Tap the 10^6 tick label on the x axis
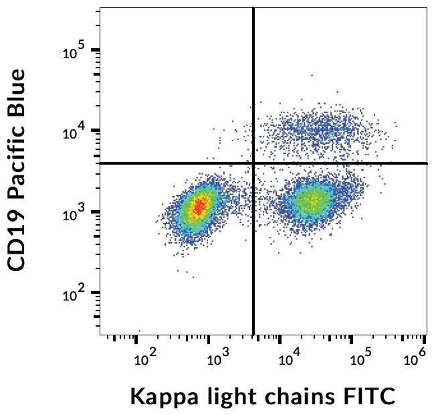(x=415, y=360)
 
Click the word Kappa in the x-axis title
(x=160, y=397)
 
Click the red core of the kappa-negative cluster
(x=199, y=207)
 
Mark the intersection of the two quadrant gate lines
(x=253, y=163)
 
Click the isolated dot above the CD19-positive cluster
(x=311, y=76)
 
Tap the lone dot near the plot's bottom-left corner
(x=139, y=331)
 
